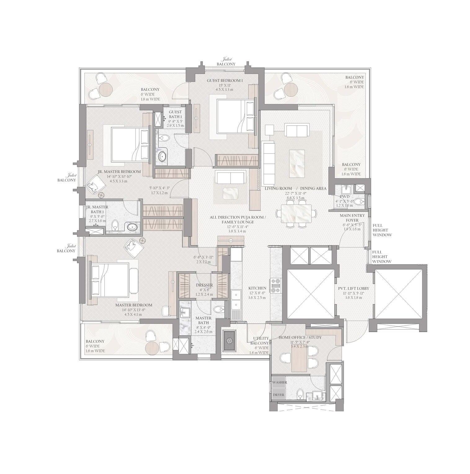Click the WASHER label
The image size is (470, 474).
tap(279, 382)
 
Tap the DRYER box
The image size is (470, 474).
tap(278, 395)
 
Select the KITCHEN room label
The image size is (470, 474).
tap(257, 288)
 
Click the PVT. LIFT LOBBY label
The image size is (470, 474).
tap(353, 288)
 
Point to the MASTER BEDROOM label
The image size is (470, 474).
tap(134, 305)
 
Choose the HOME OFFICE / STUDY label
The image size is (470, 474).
tap(300, 337)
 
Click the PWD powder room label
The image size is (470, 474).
tap(344, 196)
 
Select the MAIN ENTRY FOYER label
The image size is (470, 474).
tap(352, 217)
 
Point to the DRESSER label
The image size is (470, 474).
tap(204, 285)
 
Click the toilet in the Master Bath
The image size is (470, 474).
tap(219, 309)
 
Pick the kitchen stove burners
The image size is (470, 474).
tap(275, 286)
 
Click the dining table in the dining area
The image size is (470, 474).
tap(296, 214)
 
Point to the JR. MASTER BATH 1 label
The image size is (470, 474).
tap(97, 209)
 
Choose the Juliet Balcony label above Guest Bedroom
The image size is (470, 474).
tap(226, 62)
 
